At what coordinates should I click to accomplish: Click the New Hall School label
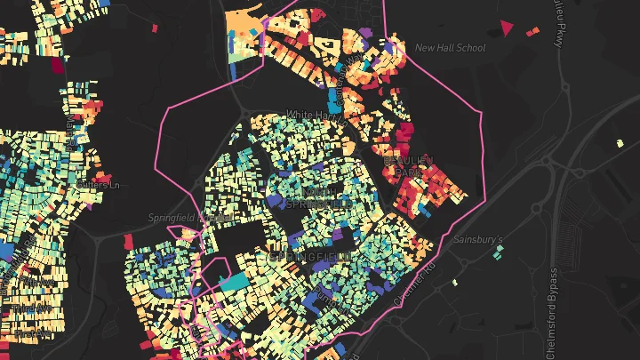pos(451,48)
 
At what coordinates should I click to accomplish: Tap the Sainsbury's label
pos(478,240)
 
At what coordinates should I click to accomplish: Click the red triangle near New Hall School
pos(508,28)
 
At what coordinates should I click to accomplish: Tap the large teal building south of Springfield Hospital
pos(232,282)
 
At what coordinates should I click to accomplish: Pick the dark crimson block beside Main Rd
pos(58,64)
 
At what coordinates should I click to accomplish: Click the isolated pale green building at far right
pos(620,142)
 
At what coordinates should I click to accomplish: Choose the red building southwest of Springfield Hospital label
pos(129,241)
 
